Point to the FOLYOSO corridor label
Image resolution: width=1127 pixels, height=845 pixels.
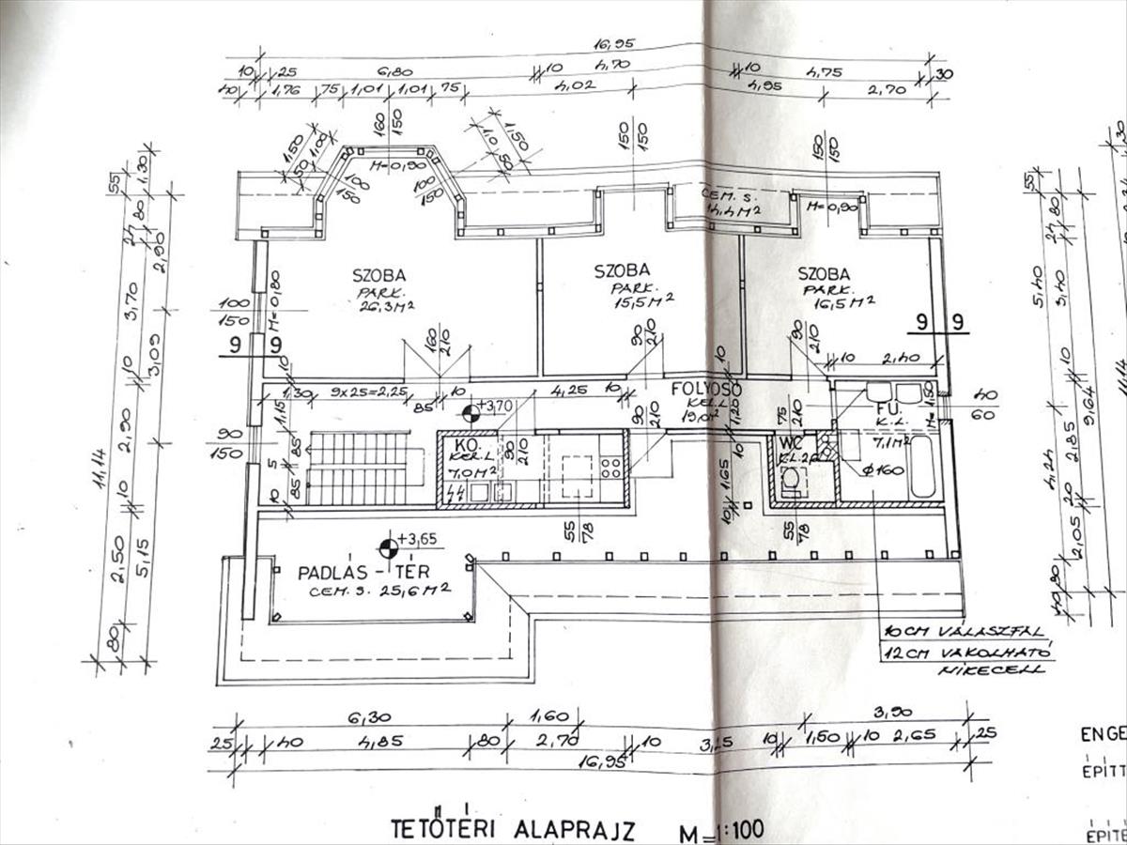click(x=706, y=388)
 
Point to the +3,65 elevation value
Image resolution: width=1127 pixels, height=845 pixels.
click(x=418, y=539)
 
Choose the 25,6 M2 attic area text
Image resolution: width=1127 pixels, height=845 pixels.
click(x=414, y=589)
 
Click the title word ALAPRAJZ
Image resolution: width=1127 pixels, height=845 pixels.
click(x=574, y=830)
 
